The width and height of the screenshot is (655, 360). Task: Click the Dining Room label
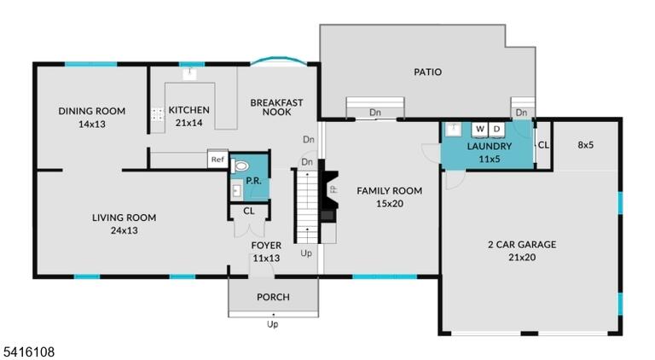[x=92, y=111]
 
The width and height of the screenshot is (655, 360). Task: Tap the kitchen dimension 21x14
[x=188, y=123]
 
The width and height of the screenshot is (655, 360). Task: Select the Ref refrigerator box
[x=217, y=160]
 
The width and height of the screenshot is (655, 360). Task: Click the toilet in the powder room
[x=240, y=166]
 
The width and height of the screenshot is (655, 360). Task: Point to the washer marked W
[x=480, y=129]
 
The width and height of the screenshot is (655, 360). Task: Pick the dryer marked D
[x=496, y=129]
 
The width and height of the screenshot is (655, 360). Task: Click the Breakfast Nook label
[x=276, y=107]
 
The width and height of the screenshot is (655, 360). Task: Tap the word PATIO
[x=428, y=72]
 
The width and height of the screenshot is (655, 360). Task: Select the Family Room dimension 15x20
[x=389, y=204]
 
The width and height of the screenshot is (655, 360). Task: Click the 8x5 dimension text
[x=586, y=145]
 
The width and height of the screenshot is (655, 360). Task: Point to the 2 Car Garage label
[x=522, y=244]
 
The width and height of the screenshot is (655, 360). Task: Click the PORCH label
[x=273, y=297]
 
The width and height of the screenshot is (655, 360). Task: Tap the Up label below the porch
[x=272, y=324]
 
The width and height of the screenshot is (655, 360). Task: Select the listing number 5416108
[x=27, y=352]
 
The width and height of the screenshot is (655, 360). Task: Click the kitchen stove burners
[x=157, y=114]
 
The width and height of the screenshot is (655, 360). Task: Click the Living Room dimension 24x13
[x=124, y=230]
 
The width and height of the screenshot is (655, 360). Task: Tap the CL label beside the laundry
[x=543, y=145]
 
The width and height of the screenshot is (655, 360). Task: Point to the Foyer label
[x=266, y=246]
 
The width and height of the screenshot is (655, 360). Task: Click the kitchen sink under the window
[x=189, y=74]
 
